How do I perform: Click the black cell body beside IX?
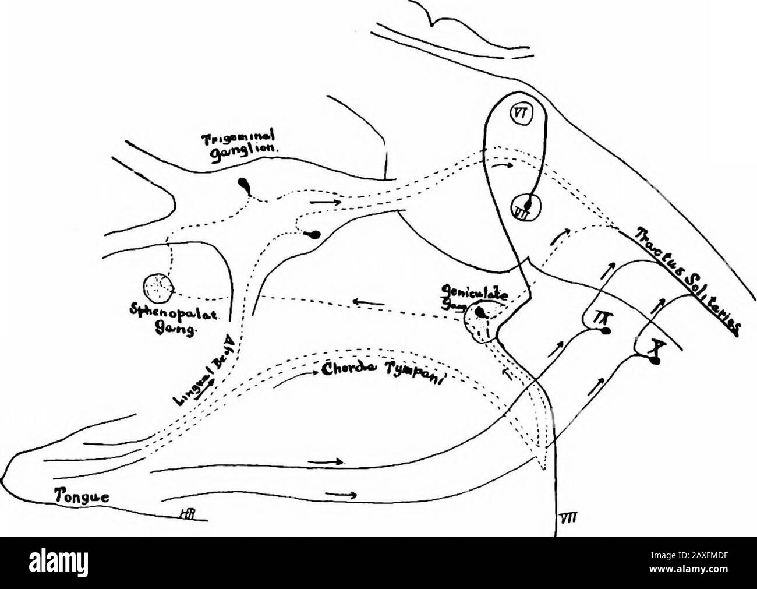pos(606,331)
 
